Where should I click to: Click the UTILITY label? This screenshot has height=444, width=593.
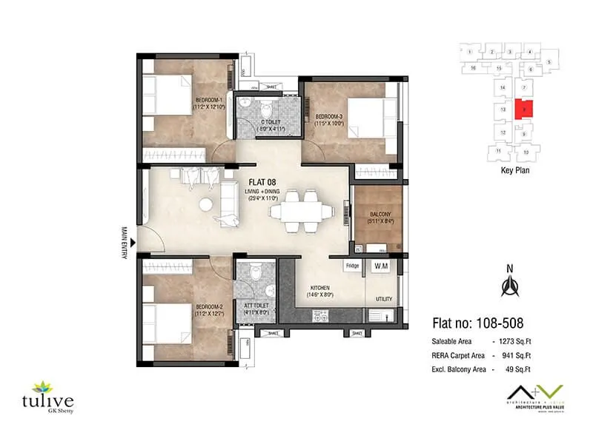[x=383, y=299]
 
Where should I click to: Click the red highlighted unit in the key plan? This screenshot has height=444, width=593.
[x=523, y=109]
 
